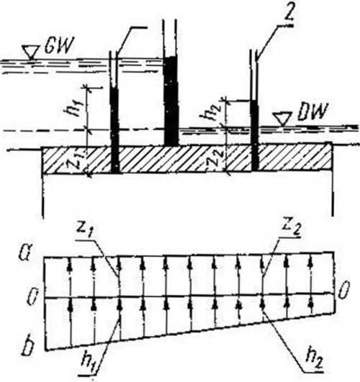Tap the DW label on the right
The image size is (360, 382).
(312, 113)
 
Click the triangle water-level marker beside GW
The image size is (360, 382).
(30, 52)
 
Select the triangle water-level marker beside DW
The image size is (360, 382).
(282, 118)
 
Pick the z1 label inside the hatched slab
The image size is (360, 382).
(78, 160)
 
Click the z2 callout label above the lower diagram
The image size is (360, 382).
(291, 227)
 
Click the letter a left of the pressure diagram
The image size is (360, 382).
(24, 256)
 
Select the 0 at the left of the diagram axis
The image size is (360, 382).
(31, 298)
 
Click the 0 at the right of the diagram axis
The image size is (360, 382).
(343, 290)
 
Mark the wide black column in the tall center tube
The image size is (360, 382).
(171, 101)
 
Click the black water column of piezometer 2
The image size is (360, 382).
(254, 136)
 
